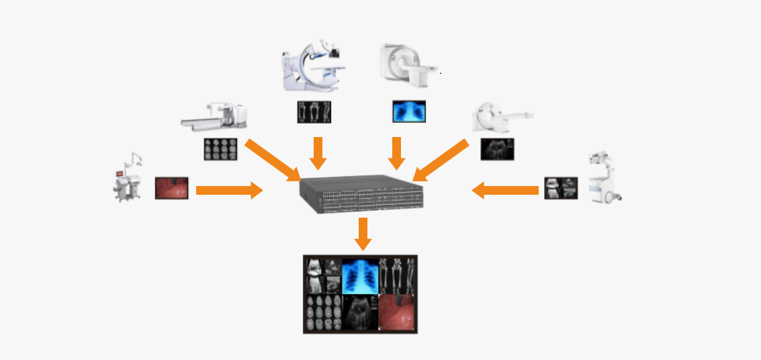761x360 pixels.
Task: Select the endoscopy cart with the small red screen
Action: tap(128, 180)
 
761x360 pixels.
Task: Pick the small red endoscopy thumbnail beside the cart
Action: tap(172, 188)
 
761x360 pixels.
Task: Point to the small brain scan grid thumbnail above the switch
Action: tap(220, 148)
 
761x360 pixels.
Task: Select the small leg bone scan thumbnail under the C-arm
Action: tap(314, 112)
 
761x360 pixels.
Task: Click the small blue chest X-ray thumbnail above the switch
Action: tap(409, 111)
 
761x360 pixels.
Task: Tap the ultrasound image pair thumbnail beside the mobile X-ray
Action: tap(561, 189)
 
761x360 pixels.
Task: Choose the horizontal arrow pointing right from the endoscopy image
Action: tap(229, 190)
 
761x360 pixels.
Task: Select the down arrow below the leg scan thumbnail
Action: tap(318, 154)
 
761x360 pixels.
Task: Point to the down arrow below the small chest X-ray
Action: tap(396, 154)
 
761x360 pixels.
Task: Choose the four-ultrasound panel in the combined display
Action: tap(323, 275)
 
